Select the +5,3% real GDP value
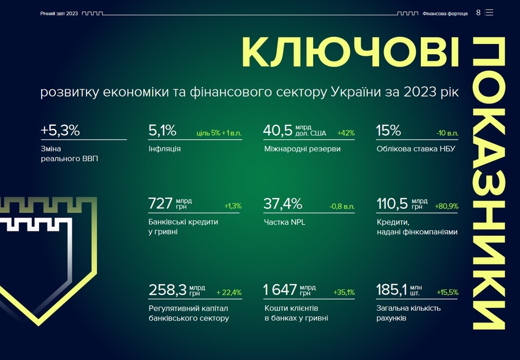coord(60,131)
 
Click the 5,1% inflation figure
coord(162,131)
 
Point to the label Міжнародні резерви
coord(302,149)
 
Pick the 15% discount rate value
coord(388,131)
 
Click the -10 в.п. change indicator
coord(447,133)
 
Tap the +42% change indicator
coord(346,133)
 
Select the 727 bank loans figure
coord(160,204)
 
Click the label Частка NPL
coord(284,222)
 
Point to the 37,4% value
coord(283,204)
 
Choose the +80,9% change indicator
coord(446,206)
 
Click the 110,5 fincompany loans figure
coord(392,204)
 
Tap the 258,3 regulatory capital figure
coord(167,291)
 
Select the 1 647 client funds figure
coord(279,291)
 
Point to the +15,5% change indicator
coord(447,292)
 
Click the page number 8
coord(478,12)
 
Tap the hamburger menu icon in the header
coord(489,12)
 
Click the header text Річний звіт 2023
coord(59,13)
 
